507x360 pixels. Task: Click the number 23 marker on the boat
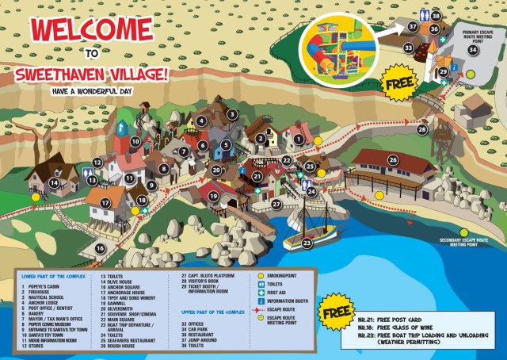[x=307, y=243]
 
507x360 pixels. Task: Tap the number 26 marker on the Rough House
[x=393, y=160]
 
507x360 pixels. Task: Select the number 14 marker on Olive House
[x=54, y=183]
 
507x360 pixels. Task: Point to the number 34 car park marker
[x=473, y=50]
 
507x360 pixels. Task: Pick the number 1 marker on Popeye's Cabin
[x=299, y=140]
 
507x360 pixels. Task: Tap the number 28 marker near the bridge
[x=422, y=129]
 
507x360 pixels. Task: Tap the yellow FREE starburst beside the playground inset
[x=400, y=82]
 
